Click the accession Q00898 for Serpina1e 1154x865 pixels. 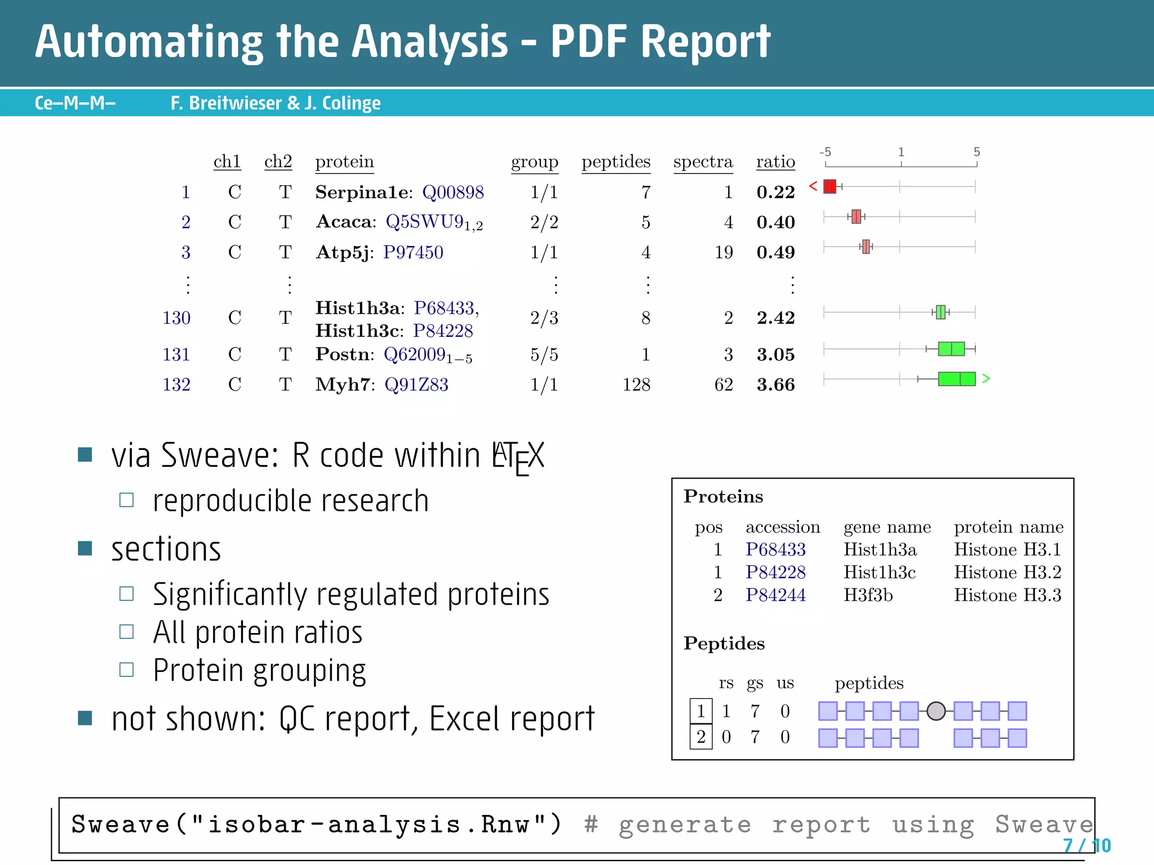(x=453, y=193)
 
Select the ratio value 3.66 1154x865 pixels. (x=775, y=385)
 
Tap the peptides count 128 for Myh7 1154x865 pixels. (x=636, y=385)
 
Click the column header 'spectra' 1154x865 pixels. (x=703, y=162)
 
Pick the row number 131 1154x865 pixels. (x=176, y=354)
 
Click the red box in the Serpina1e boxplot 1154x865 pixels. (x=829, y=186)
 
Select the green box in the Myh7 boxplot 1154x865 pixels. (x=956, y=379)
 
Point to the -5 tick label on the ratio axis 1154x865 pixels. (x=825, y=152)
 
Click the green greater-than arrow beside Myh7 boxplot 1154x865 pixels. (x=986, y=378)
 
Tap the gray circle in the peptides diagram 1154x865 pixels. (x=936, y=711)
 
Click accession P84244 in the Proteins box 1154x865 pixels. (x=775, y=595)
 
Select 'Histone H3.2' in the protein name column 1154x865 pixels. (x=1007, y=572)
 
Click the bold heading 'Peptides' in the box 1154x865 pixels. (x=724, y=643)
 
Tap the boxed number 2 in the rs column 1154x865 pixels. (x=701, y=737)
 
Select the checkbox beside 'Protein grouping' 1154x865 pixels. (x=127, y=670)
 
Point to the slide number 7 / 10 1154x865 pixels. (x=1086, y=845)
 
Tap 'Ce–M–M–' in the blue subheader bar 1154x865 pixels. (x=75, y=103)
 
